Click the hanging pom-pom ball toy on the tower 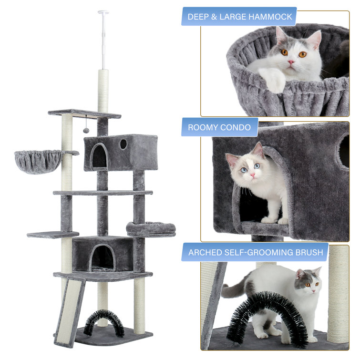(x=86, y=130)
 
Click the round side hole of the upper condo (x=123, y=144)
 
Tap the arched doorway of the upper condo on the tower (x=99, y=156)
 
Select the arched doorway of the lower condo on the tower (x=103, y=257)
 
